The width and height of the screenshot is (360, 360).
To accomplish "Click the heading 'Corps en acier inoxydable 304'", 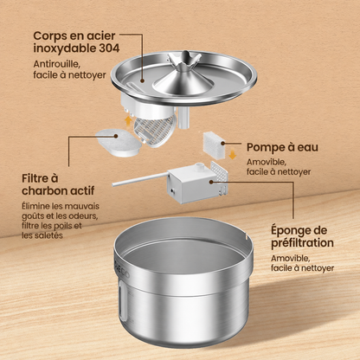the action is point(76,42).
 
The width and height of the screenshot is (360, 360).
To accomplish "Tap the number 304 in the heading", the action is point(109,48).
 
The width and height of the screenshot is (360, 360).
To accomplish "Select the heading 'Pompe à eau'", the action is point(282,147).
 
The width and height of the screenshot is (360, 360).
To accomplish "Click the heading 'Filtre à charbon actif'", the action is point(58,184).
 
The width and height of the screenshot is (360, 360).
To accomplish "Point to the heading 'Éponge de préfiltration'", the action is point(302,236).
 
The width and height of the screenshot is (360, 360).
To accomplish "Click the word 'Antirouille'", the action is point(55,64).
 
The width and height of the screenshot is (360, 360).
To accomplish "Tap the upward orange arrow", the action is point(127,121).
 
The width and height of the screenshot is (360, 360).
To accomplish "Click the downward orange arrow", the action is point(232,155).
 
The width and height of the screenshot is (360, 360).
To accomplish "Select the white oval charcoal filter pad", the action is point(118,143).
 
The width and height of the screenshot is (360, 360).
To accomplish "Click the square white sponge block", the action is point(214,144).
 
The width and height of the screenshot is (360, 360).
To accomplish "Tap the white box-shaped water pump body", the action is point(192,183).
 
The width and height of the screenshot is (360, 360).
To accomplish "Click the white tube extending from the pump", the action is point(140,179).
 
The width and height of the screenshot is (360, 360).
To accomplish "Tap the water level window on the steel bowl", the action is point(123,301).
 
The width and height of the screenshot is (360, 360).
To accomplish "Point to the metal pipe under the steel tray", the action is point(183,117).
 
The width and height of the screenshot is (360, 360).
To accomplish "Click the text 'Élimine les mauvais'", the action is point(61,206).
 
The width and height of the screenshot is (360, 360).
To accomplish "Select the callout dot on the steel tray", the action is point(142,81).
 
